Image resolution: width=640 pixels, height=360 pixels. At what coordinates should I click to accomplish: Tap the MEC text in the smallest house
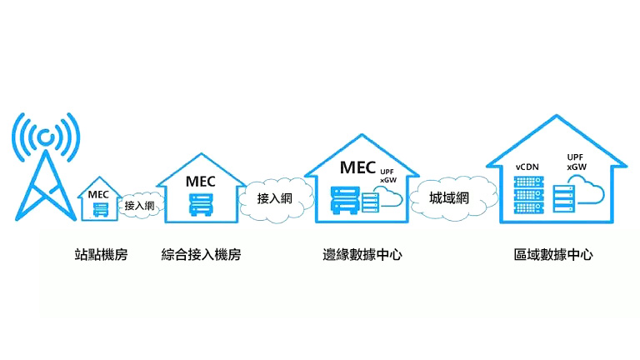tap(99, 193)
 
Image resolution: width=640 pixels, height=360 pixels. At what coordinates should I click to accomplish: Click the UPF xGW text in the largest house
tap(575, 162)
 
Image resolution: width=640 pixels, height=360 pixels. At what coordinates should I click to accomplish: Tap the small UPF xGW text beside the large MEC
tap(388, 176)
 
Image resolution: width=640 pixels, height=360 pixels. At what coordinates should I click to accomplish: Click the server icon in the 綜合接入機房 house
tap(201, 203)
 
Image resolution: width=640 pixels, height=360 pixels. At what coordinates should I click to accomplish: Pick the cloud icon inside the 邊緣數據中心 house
tap(387, 197)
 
